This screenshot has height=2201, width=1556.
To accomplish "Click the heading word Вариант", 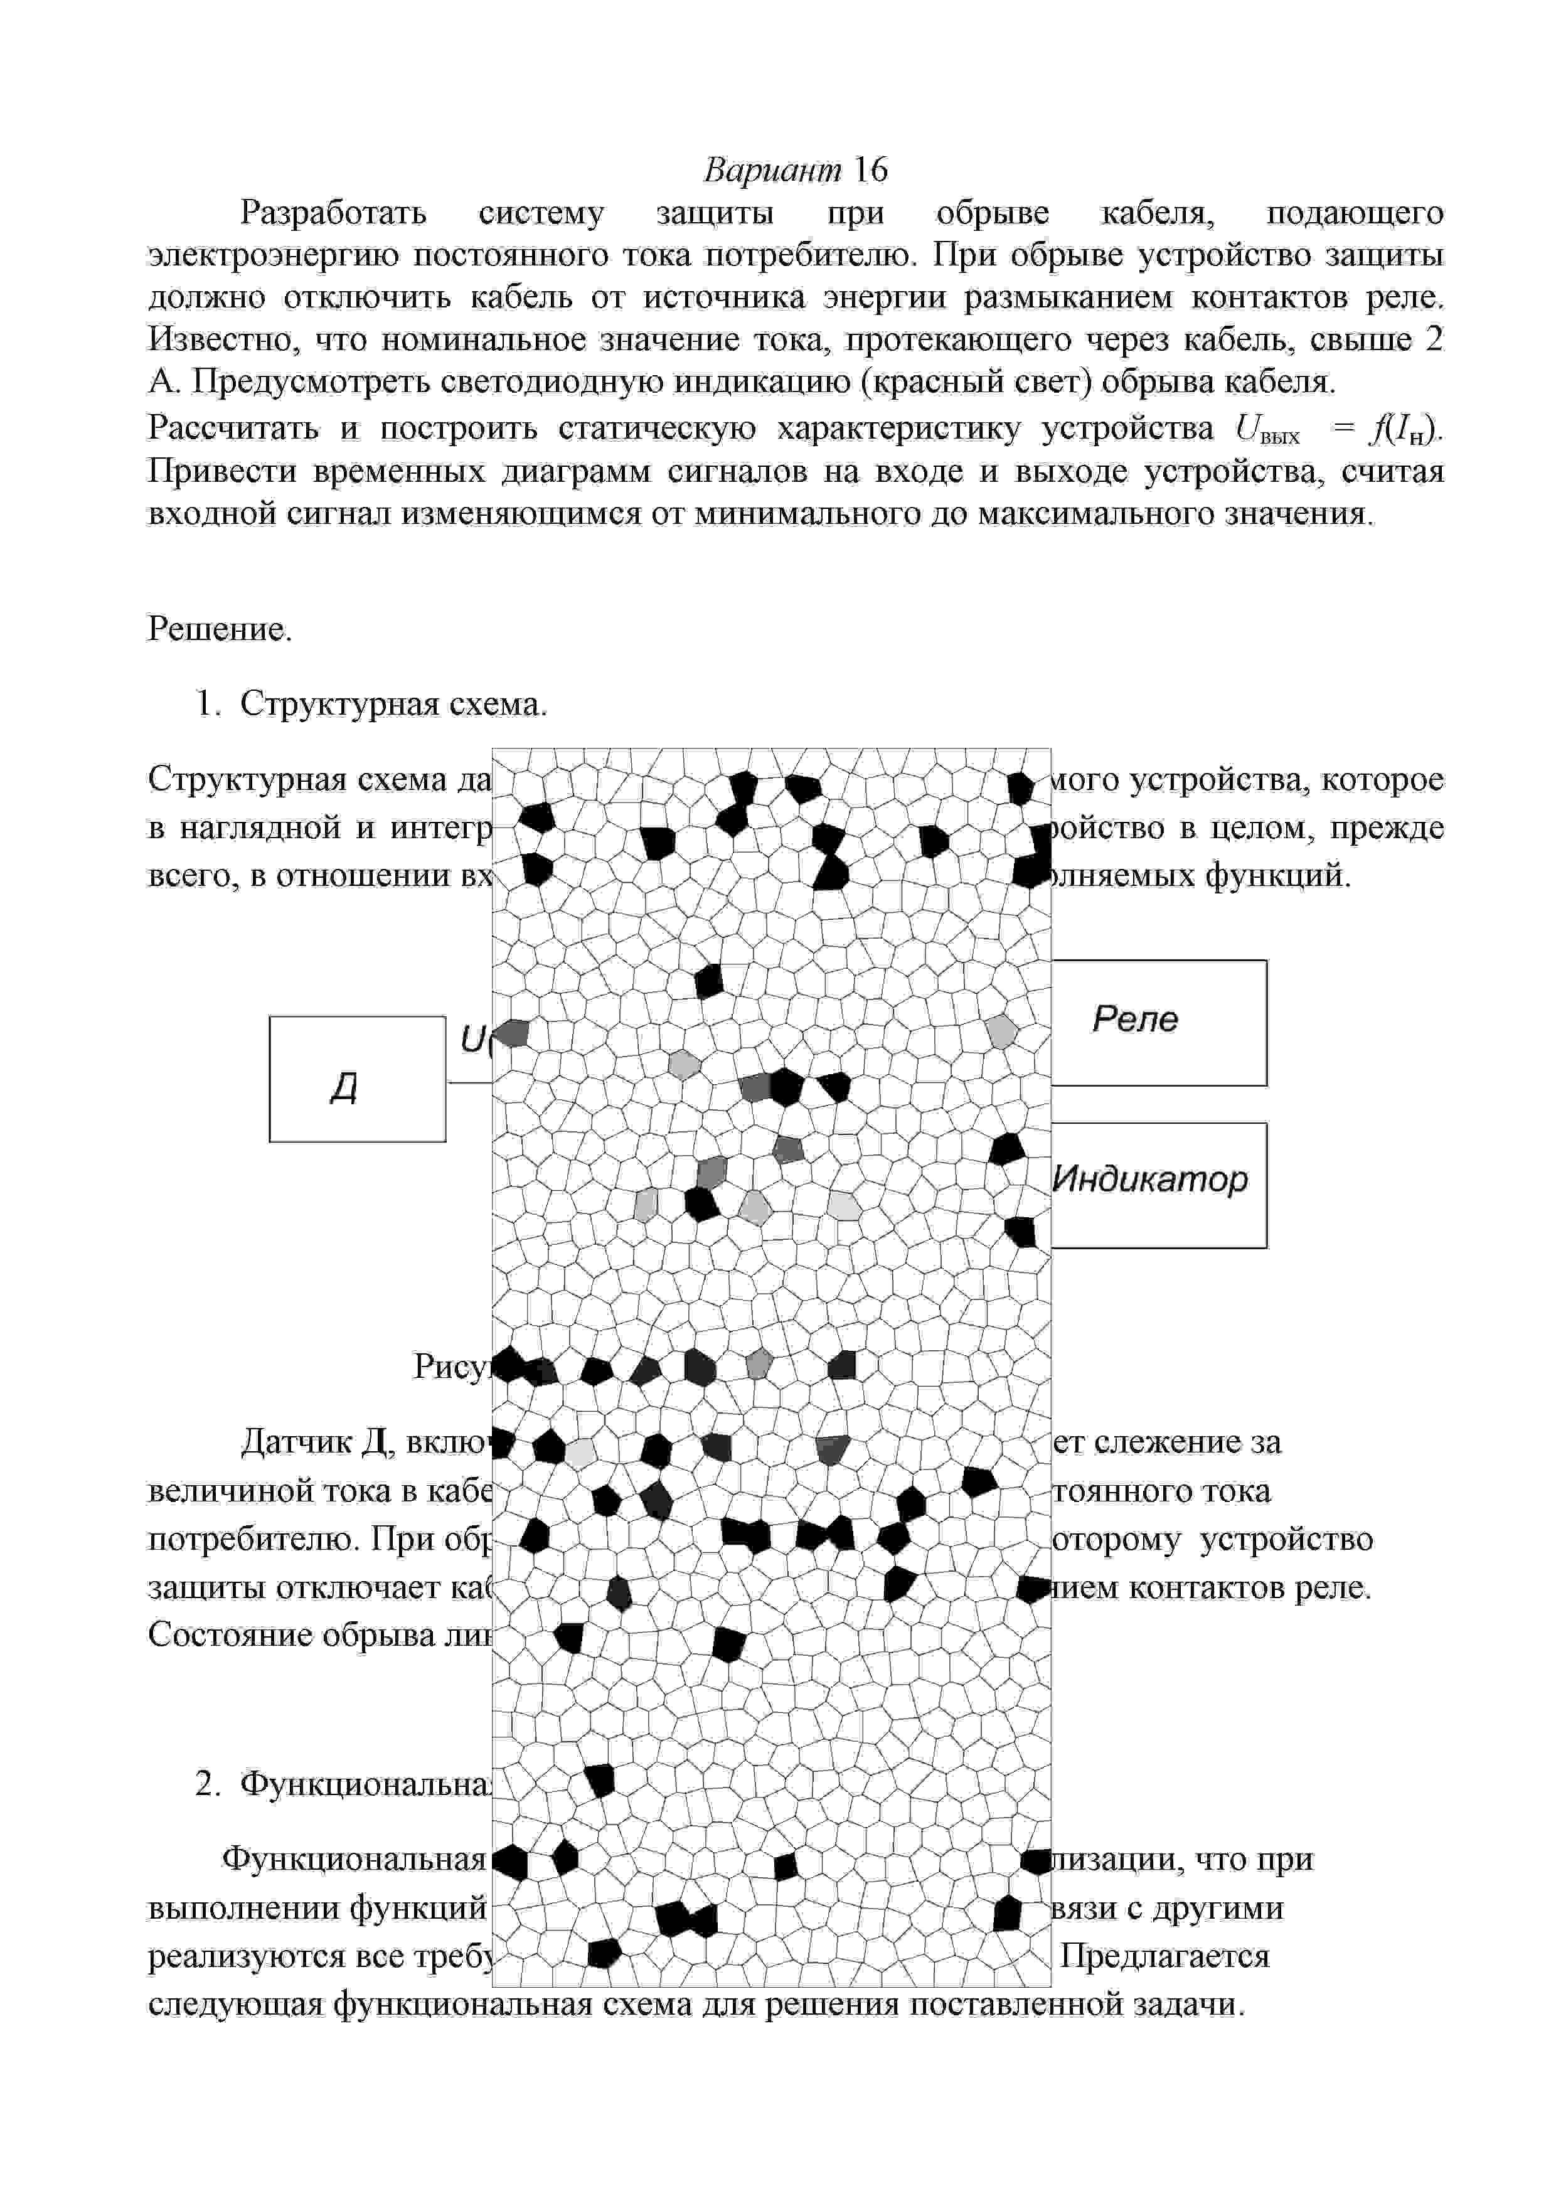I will pyautogui.click(x=772, y=171).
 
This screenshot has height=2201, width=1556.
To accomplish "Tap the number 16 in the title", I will pyautogui.click(x=870, y=171).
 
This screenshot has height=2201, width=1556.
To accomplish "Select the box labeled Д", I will pyautogui.click(x=356, y=1079).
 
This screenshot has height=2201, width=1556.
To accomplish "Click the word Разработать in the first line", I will pyautogui.click(x=333, y=213).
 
